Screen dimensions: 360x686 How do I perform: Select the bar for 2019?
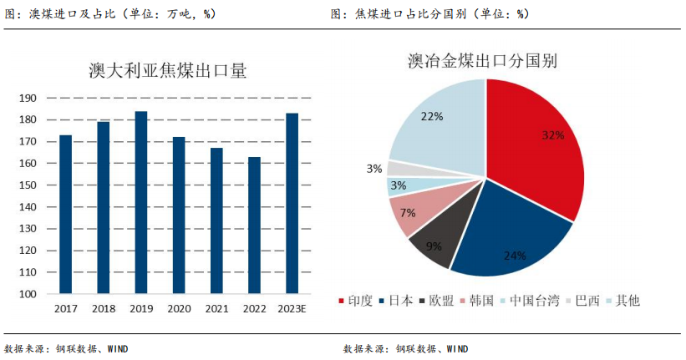pos(141,203)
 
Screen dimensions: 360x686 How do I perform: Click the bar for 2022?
pos(255,226)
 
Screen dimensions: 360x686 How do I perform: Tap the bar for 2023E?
pos(292,204)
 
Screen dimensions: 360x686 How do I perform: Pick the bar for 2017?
pos(66,215)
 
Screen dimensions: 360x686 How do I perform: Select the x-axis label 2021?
pos(216,309)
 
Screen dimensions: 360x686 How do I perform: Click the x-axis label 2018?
pos(104,309)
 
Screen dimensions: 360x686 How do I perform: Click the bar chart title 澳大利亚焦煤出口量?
pos(167,71)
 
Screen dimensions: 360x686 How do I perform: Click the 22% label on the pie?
pos(432,117)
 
